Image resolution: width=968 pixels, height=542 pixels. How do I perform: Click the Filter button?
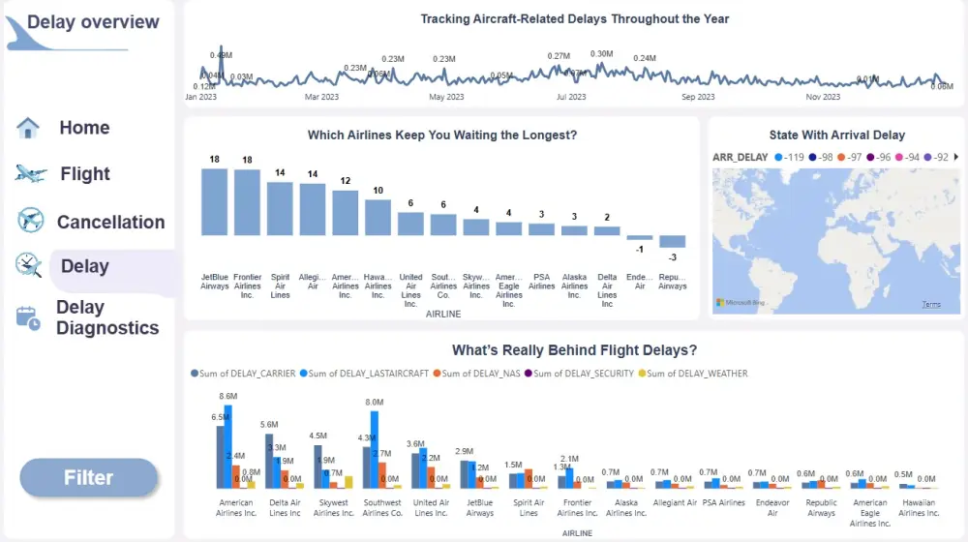click(x=89, y=478)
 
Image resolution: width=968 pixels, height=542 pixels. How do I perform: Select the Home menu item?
click(x=84, y=128)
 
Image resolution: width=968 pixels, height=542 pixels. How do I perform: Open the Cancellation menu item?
click(x=110, y=222)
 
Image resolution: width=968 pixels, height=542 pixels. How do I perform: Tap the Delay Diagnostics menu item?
click(x=106, y=317)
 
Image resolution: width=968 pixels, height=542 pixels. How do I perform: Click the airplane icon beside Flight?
click(x=31, y=174)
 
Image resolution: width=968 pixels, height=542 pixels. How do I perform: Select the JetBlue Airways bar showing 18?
click(x=215, y=201)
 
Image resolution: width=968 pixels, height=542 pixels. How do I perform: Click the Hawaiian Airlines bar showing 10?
click(x=378, y=217)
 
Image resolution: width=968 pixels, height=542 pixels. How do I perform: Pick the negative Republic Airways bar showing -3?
click(x=673, y=241)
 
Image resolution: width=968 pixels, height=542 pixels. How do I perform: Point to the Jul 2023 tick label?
click(x=571, y=97)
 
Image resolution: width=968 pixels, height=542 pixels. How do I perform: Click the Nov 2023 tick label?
click(x=824, y=97)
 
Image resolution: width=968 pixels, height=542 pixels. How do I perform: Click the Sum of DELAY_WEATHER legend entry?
click(x=697, y=374)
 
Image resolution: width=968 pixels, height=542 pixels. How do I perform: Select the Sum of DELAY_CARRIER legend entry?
click(x=247, y=374)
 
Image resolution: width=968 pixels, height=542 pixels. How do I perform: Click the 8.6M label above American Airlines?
click(x=228, y=397)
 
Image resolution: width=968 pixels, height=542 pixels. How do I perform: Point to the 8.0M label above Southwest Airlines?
click(x=375, y=403)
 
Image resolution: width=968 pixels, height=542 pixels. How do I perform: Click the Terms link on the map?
click(x=931, y=304)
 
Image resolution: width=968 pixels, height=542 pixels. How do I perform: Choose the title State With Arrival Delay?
click(x=836, y=135)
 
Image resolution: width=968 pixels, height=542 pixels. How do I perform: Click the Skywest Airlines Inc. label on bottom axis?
click(x=334, y=507)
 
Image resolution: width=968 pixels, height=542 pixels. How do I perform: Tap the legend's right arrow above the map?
click(x=956, y=157)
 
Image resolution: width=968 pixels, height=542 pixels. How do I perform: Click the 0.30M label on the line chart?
click(x=601, y=54)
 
